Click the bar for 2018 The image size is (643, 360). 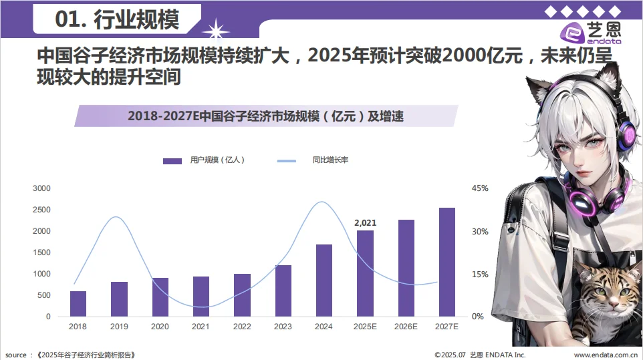point(78,304)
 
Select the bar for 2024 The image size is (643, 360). point(324,281)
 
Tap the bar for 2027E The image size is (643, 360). point(446,262)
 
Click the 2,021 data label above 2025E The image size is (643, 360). point(365,222)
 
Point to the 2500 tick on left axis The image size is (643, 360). point(42,210)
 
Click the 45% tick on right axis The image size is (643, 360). point(480,188)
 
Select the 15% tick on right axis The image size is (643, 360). point(480,274)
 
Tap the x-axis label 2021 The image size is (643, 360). point(201,327)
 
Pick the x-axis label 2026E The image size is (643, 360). point(406,327)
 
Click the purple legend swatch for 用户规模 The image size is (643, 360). point(172,160)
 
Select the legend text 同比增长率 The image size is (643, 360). point(330,160)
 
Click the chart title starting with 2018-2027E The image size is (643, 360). point(265,116)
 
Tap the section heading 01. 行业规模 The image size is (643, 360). point(117,20)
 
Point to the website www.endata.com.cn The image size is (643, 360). point(605,355)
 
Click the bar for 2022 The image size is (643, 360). point(242,295)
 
